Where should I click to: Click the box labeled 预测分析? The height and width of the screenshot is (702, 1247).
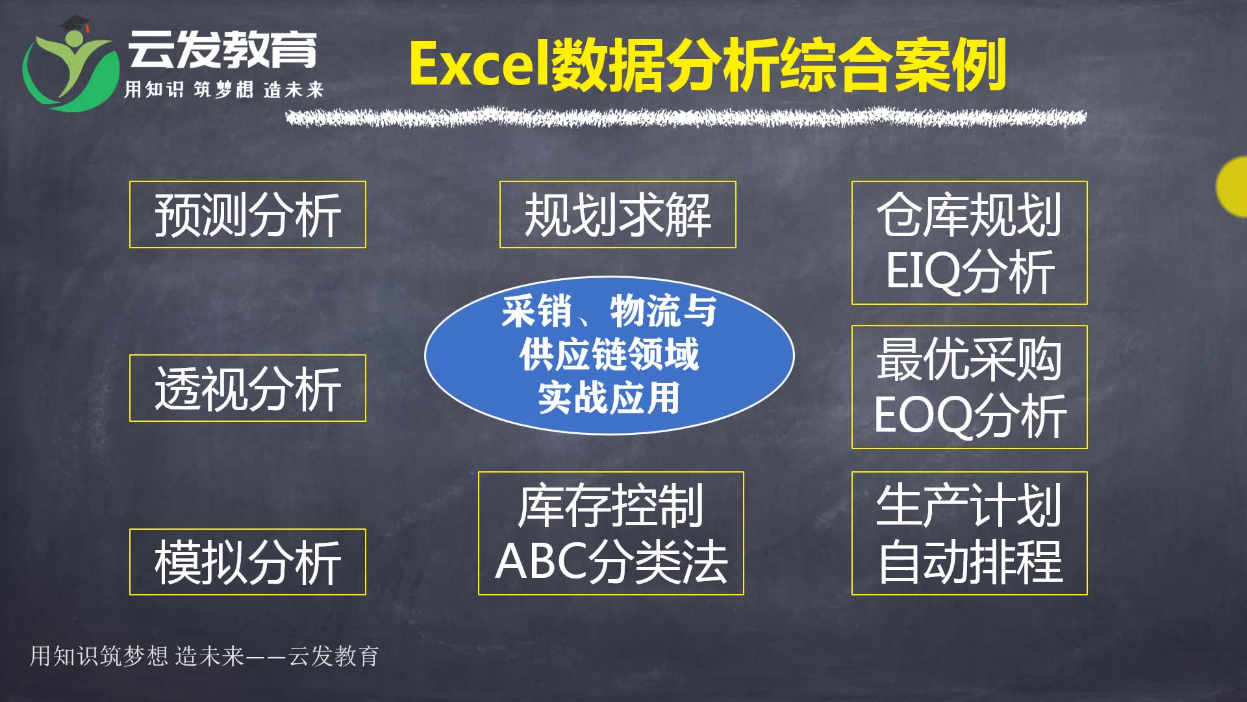tap(247, 214)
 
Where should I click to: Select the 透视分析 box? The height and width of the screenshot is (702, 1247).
tap(247, 388)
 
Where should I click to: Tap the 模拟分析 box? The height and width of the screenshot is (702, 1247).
tap(247, 562)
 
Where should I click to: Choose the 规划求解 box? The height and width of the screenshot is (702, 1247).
tap(617, 214)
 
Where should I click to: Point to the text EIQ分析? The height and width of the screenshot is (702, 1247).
tap(970, 271)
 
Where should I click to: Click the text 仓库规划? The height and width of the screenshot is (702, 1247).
tap(970, 214)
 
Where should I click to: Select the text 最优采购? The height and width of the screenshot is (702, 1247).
tap(970, 359)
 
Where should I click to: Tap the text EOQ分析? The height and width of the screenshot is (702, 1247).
tap(970, 416)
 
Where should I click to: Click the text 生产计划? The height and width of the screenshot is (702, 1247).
tap(970, 505)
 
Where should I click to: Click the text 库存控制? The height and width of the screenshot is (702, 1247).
tap(611, 505)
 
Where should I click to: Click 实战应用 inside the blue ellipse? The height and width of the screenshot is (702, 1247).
tap(609, 398)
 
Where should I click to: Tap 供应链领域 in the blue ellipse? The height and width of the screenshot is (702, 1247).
tap(609, 354)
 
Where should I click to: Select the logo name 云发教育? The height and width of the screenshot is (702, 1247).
tap(222, 49)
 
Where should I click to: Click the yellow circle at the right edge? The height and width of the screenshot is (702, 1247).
tap(1233, 187)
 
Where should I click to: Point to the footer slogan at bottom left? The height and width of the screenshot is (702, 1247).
tap(204, 656)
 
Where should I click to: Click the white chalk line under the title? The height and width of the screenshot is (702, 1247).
tap(685, 118)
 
